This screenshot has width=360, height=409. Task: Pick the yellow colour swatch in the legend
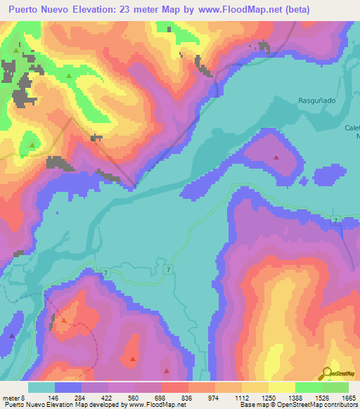pos(281,387)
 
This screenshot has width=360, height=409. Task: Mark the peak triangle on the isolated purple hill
pos(276,157)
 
